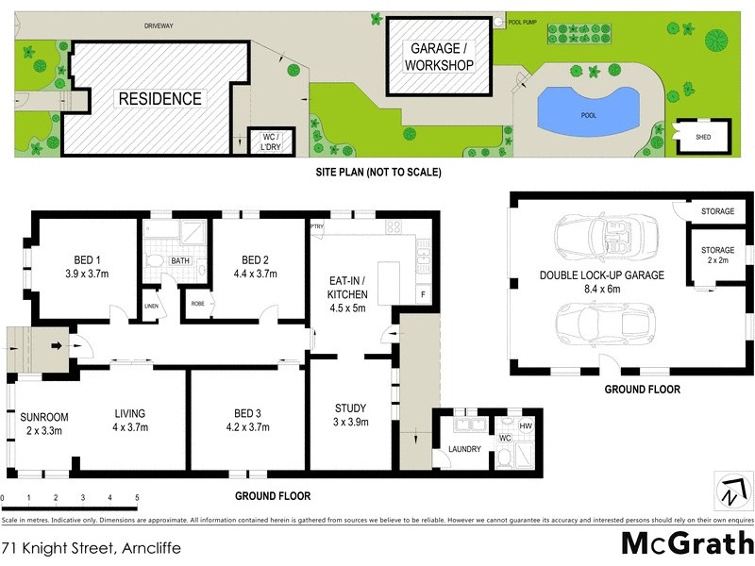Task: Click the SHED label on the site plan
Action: tap(703, 137)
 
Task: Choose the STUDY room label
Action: tap(350, 408)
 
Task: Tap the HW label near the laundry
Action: tap(527, 424)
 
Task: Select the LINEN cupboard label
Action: tap(151, 306)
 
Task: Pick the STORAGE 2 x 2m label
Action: tap(717, 255)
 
